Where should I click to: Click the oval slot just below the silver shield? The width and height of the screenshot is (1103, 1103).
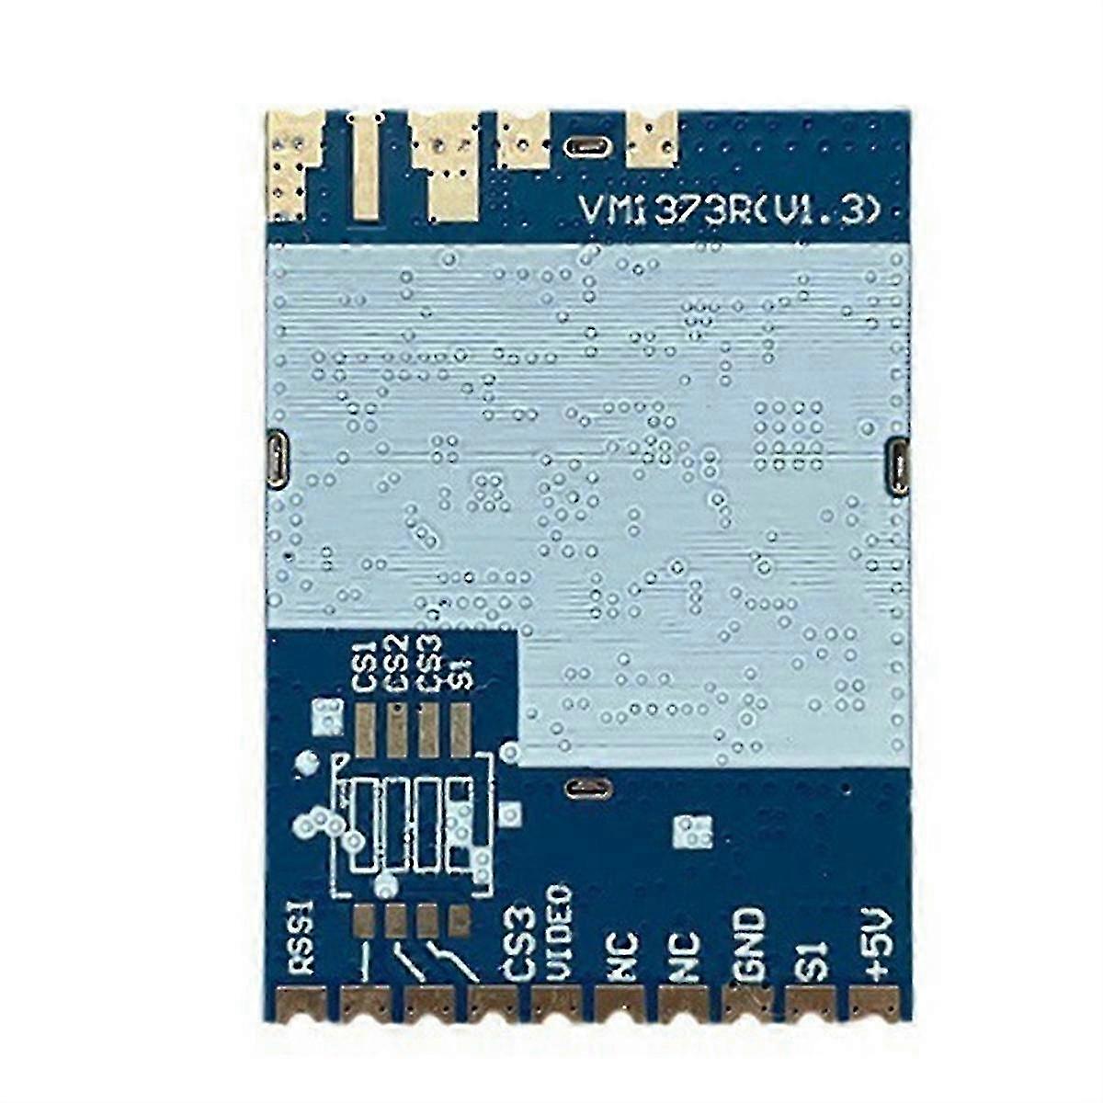(x=588, y=789)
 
